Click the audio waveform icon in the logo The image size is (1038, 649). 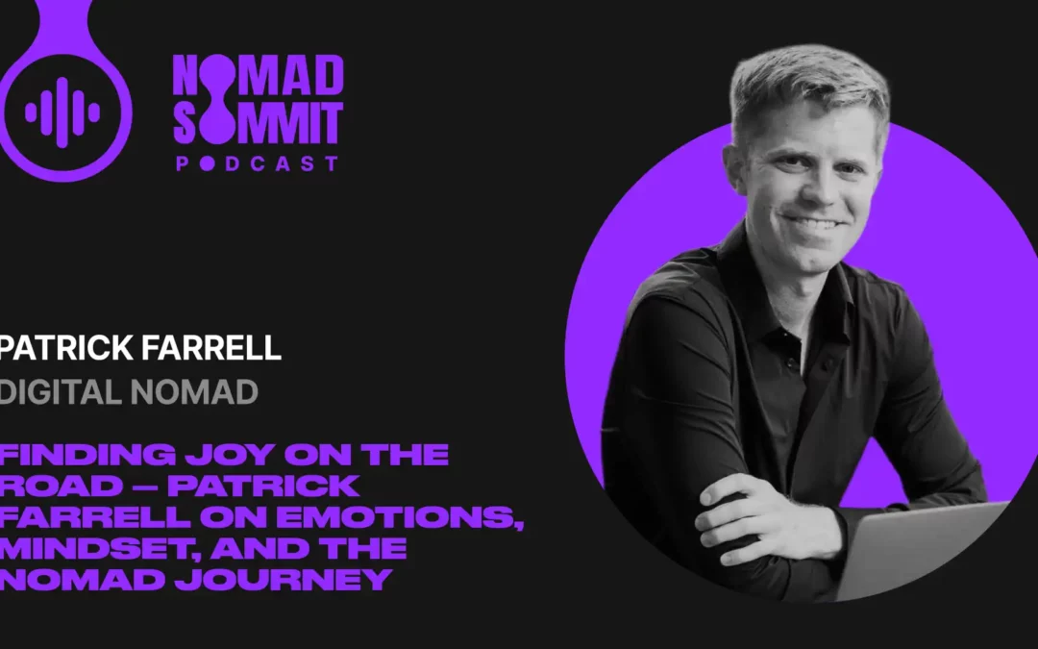(62, 112)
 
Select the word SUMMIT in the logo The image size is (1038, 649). (257, 124)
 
